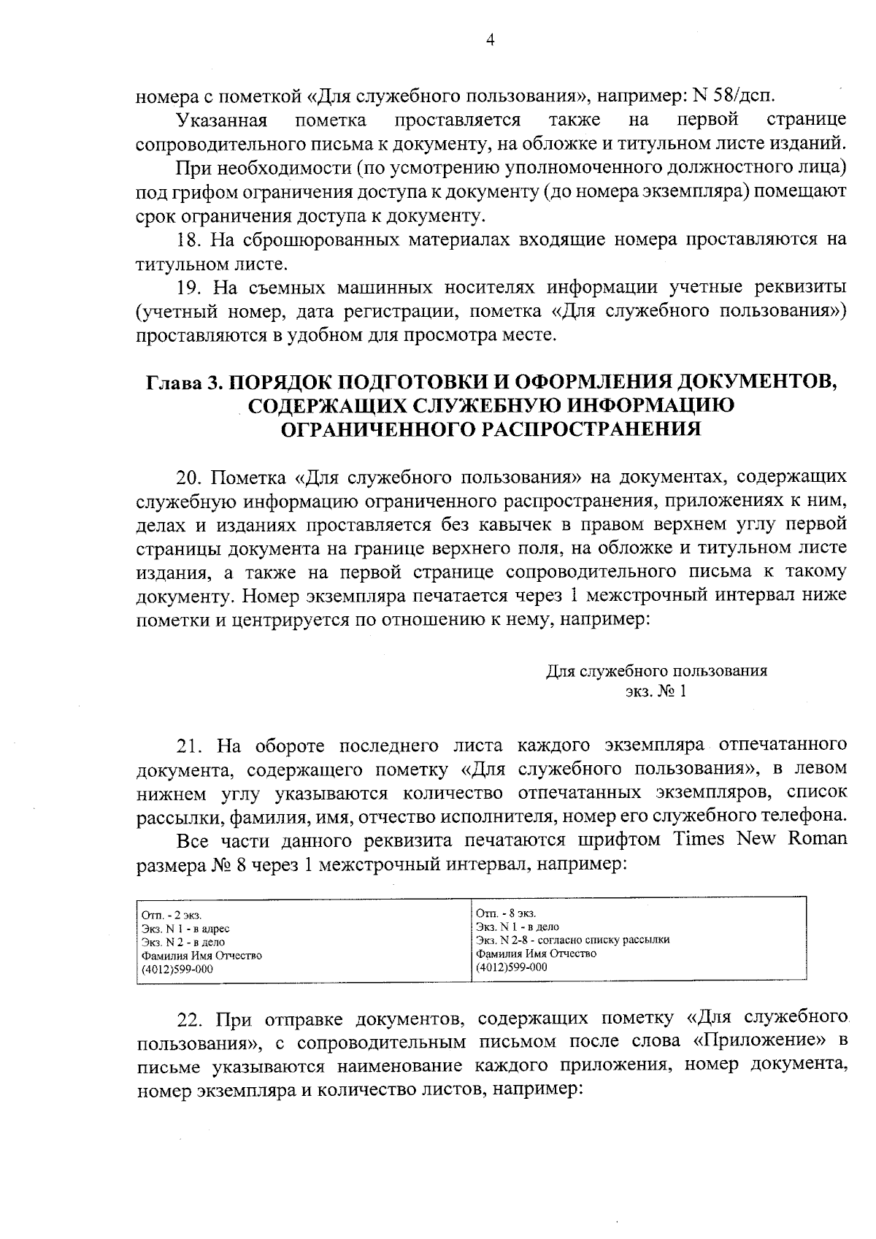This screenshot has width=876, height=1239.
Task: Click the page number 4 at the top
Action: point(490,41)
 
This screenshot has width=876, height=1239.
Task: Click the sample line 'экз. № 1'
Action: point(656,691)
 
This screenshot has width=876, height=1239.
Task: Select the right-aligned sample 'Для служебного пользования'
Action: point(656,671)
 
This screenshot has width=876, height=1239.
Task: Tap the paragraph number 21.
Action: point(191,745)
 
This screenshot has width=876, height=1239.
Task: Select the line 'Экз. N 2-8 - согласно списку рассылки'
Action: point(572,940)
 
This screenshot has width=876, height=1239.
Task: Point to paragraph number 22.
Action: point(191,1019)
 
